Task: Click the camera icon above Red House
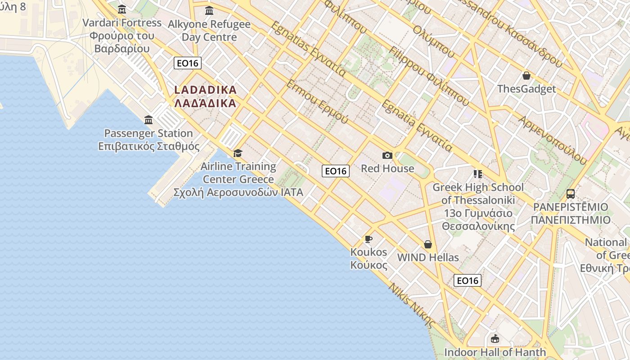387,156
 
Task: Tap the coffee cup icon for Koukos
369,239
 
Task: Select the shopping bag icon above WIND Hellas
428,244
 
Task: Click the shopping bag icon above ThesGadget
526,76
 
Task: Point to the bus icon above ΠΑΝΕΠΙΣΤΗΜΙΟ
570,194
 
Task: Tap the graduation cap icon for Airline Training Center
238,153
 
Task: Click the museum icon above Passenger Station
148,120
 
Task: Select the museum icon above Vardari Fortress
121,9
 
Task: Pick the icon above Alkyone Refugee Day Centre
209,10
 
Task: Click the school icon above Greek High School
477,174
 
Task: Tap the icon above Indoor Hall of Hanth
495,338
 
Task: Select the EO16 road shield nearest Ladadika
188,63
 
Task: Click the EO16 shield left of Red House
336,171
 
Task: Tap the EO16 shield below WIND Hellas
468,280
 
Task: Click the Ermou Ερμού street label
317,102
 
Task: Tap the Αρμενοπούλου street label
553,139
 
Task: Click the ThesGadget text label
526,89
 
